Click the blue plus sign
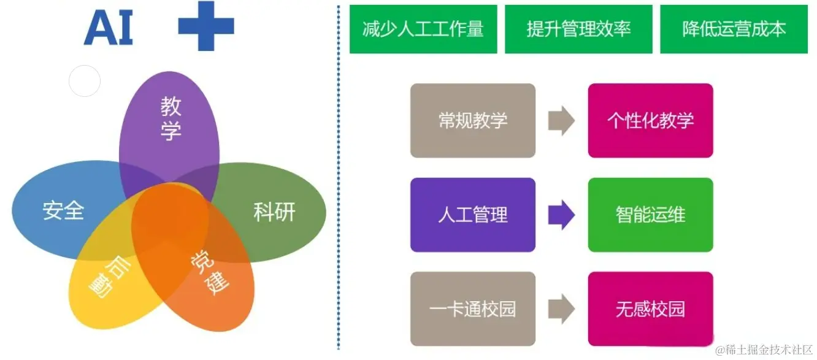[206, 26]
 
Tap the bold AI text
[109, 28]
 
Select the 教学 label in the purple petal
[171, 118]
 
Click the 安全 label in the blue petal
[63, 211]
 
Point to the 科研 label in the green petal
[274, 212]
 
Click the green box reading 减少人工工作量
[423, 29]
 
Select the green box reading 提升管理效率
[578, 29]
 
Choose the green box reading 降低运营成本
[734, 29]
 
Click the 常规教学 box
[473, 120]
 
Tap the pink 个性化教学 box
[650, 120]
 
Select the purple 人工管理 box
[473, 215]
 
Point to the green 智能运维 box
[650, 215]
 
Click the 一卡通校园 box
[473, 309]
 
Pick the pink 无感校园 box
[650, 309]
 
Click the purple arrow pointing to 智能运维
[561, 215]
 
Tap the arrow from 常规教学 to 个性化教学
[561, 120]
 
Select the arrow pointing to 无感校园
[561, 309]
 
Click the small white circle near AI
[84, 81]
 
